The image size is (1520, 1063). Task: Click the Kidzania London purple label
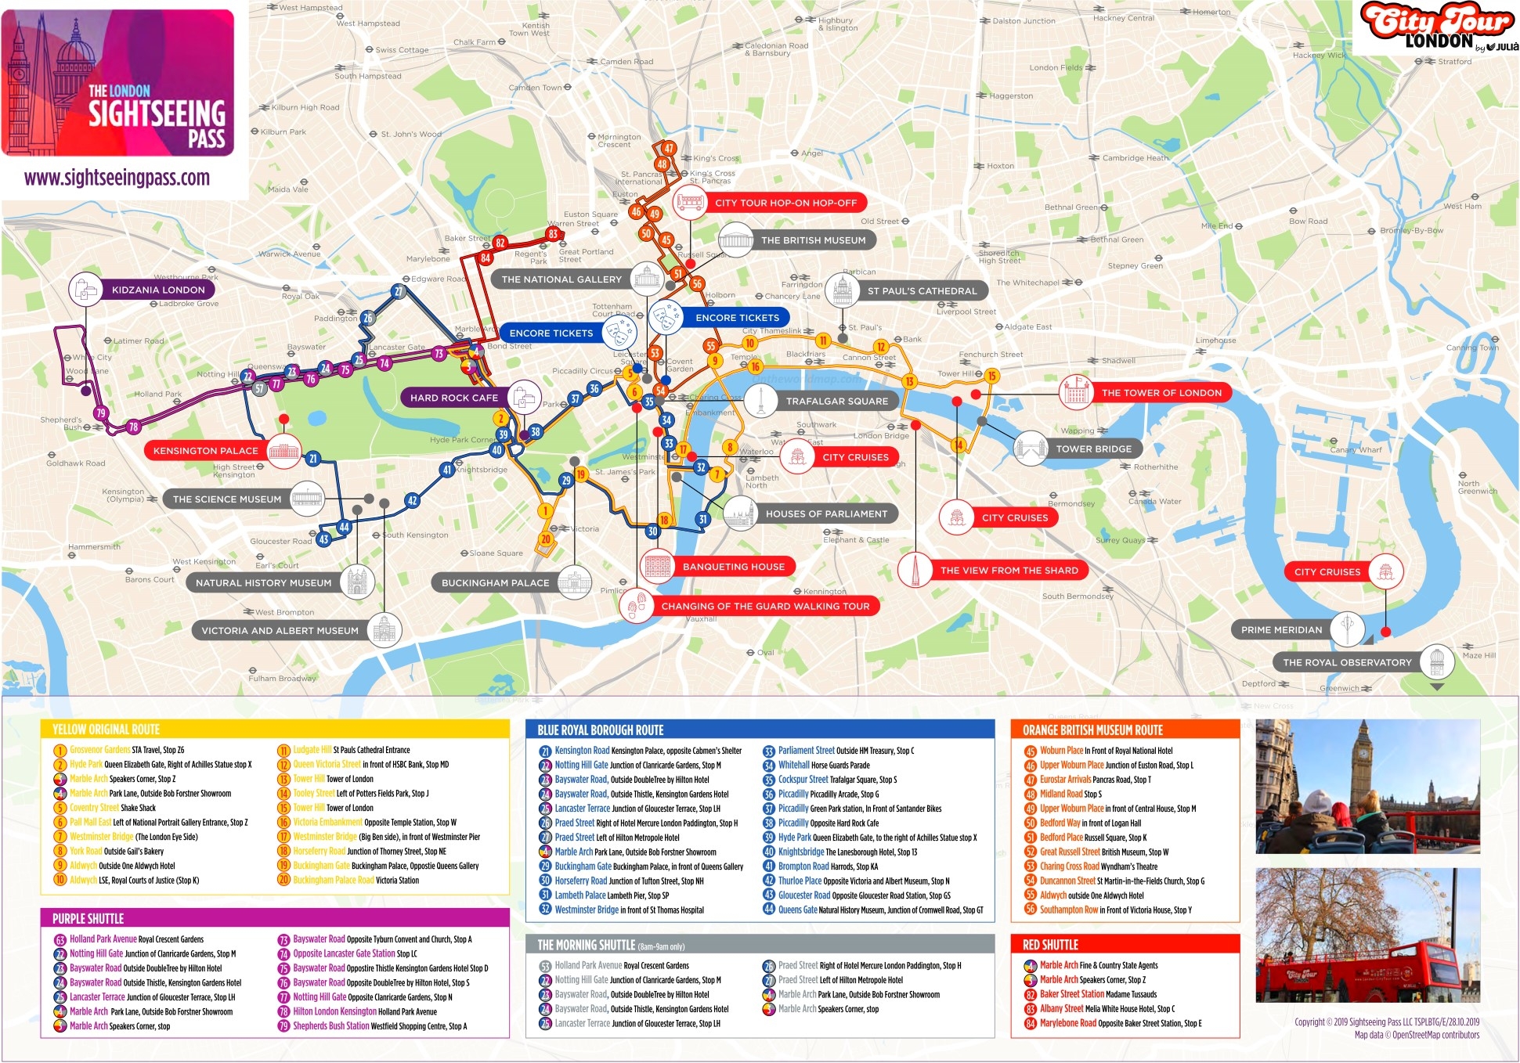pos(158,290)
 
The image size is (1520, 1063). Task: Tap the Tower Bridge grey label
pos(1093,449)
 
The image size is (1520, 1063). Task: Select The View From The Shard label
pos(1009,570)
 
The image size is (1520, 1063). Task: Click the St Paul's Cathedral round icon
pos(842,290)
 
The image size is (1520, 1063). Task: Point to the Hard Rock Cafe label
pos(453,398)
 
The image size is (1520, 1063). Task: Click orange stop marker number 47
pos(668,148)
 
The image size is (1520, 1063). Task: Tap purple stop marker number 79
pos(99,413)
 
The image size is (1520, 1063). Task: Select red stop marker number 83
pos(553,233)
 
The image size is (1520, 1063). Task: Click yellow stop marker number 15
pos(991,376)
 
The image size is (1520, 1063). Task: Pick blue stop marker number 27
pos(398,292)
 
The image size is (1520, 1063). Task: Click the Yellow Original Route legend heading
pos(106,730)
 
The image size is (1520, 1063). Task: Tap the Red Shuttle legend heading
pos(1050,945)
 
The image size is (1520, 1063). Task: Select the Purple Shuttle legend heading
pos(88,918)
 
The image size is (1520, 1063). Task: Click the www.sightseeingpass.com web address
pos(117,178)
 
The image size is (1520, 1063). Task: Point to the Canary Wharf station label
pos(1356,450)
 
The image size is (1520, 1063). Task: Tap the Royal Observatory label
pos(1346,662)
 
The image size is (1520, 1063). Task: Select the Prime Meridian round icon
pos(1346,629)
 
